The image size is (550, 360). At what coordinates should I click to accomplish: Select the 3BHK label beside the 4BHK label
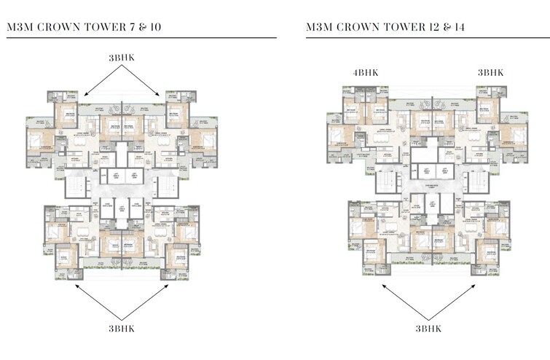click(490, 73)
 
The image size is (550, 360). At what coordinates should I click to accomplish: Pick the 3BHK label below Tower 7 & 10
click(122, 328)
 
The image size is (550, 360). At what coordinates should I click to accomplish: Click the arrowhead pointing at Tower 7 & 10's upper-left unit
click(85, 95)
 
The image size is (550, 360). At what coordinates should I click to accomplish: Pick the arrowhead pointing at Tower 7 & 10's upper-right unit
click(159, 95)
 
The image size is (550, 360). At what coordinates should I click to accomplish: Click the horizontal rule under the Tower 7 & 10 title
click(141, 37)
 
